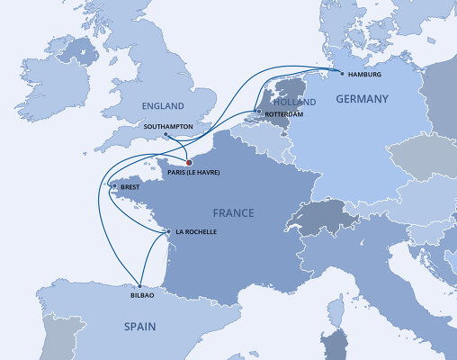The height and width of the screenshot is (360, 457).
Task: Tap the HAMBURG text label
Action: click(364, 77)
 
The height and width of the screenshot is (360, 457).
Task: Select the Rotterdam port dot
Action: click(258, 112)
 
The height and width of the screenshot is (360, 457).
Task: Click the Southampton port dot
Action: click(166, 136)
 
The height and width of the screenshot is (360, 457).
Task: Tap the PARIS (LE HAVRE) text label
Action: click(193, 172)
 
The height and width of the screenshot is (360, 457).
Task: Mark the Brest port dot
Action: click(112, 187)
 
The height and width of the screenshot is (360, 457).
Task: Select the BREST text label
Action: click(130, 188)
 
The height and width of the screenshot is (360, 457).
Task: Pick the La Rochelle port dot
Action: click(168, 233)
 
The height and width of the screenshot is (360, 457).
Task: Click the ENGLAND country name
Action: click(162, 106)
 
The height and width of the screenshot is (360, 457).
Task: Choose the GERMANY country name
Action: click(362, 99)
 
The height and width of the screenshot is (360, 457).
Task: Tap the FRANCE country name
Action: click(233, 213)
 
